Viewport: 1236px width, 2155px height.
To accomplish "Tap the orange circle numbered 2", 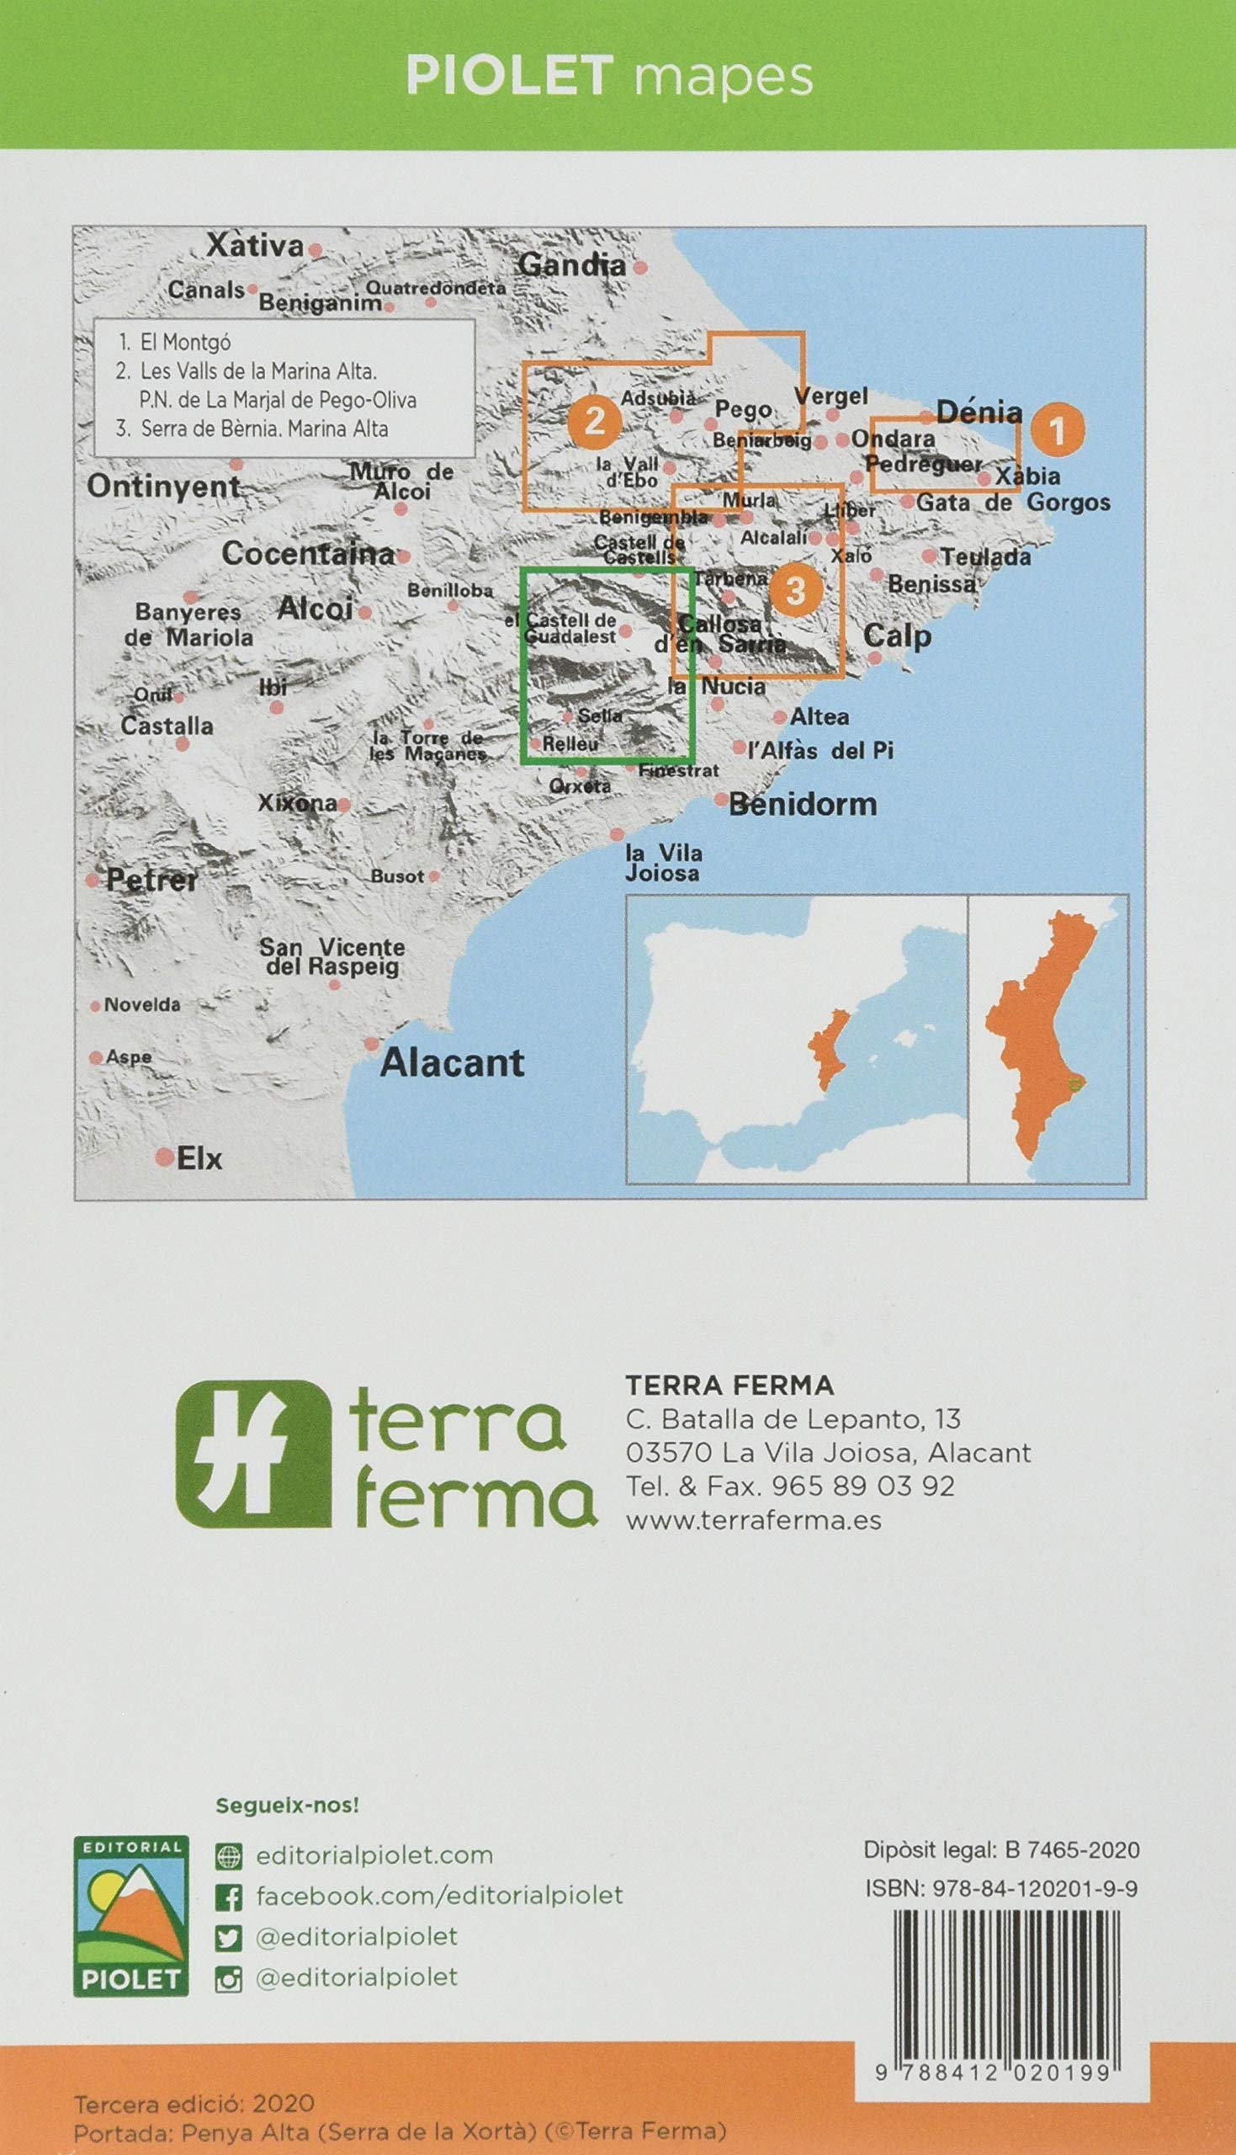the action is (x=594, y=419).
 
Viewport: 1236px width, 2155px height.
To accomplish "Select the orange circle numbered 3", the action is (x=795, y=589).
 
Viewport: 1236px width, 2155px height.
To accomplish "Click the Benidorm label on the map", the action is (x=802, y=803).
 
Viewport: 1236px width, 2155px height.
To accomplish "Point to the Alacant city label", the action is (x=452, y=1062).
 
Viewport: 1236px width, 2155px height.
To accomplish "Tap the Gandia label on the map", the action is (x=572, y=265).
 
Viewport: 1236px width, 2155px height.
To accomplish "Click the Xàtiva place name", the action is (x=256, y=246).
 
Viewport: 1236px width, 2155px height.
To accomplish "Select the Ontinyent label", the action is (x=164, y=487).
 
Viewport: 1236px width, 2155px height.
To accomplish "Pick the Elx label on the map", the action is (x=199, y=1158).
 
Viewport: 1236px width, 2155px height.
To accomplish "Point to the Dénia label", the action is (x=979, y=412).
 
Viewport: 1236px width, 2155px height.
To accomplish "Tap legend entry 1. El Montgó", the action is (x=175, y=342).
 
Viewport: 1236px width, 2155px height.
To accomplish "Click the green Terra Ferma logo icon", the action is (x=253, y=1453).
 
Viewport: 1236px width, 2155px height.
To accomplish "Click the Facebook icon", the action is (x=228, y=1897).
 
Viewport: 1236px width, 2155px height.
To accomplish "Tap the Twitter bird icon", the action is (x=228, y=1937).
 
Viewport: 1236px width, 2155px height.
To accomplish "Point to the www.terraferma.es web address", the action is (x=753, y=1520).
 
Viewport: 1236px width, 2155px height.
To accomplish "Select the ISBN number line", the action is (x=1001, y=1888).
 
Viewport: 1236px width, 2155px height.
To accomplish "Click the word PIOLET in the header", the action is (x=509, y=77).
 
